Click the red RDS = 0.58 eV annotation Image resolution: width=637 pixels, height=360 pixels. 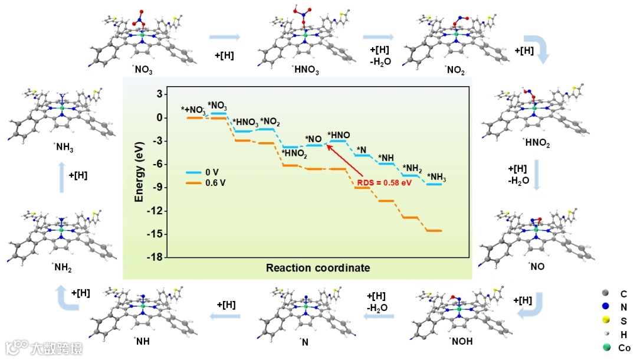[x=385, y=182]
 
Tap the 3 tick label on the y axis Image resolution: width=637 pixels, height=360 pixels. [x=158, y=94]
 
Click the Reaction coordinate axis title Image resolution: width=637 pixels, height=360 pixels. [x=318, y=268]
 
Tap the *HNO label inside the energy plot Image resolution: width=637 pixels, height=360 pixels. [x=339, y=135]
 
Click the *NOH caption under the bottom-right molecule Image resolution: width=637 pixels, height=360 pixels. [x=461, y=341]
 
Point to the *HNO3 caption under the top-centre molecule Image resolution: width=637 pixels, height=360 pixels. [x=305, y=71]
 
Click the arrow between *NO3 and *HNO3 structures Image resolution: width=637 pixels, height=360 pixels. [x=225, y=37]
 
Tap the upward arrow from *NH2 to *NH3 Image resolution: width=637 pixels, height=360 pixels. [x=62, y=176]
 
